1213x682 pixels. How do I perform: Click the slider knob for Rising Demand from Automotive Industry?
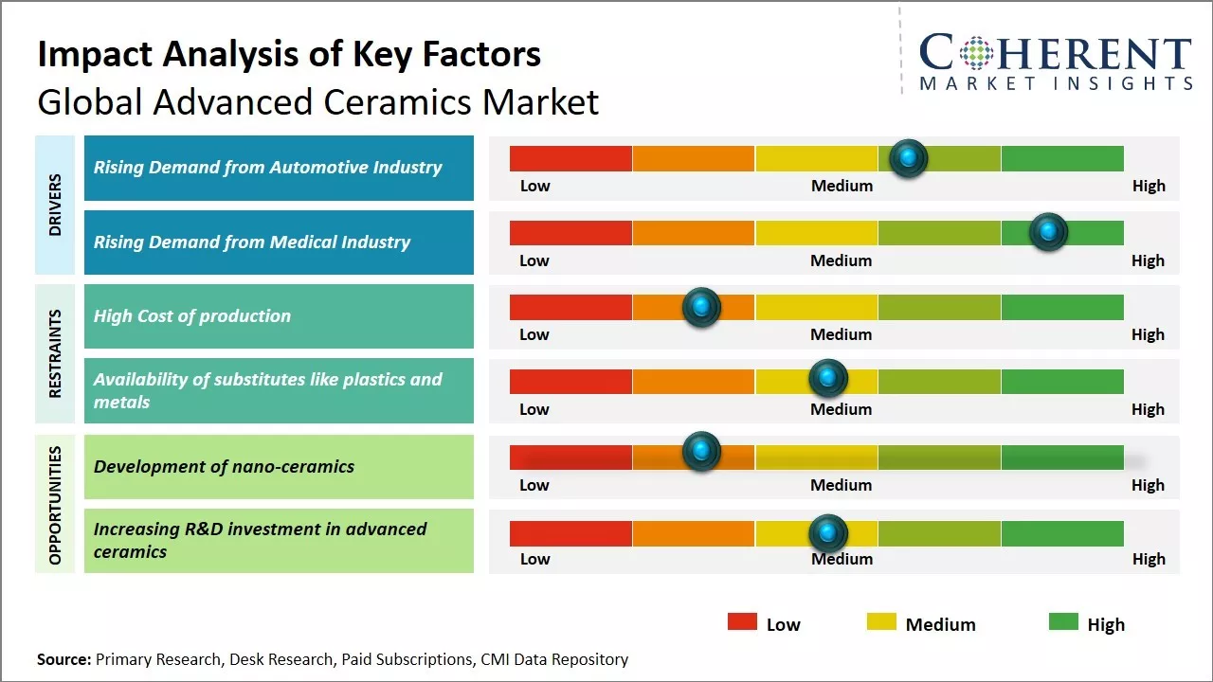(909, 158)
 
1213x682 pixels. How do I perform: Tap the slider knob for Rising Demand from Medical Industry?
(1048, 232)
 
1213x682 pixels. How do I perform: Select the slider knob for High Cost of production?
(701, 307)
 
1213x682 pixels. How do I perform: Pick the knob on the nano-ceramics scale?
(701, 451)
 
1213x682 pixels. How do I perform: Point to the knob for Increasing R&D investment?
(828, 533)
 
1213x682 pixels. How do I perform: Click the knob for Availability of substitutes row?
(828, 379)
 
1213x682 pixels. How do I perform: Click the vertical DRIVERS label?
(55, 205)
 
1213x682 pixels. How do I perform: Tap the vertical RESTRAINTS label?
(55, 353)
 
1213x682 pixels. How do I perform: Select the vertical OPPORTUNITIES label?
(55, 505)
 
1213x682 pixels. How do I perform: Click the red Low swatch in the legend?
(742, 622)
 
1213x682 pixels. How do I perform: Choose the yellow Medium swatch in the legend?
(881, 622)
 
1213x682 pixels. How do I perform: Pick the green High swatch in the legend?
(1063, 622)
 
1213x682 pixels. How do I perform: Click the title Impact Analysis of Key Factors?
(289, 55)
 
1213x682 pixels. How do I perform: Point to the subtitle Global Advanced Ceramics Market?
(317, 102)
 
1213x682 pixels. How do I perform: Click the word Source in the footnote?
(63, 659)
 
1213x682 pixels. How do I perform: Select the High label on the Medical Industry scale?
(1148, 260)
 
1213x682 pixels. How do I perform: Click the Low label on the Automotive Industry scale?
(534, 186)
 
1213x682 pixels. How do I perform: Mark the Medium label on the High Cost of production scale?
(841, 334)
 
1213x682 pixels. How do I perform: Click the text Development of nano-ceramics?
(224, 466)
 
